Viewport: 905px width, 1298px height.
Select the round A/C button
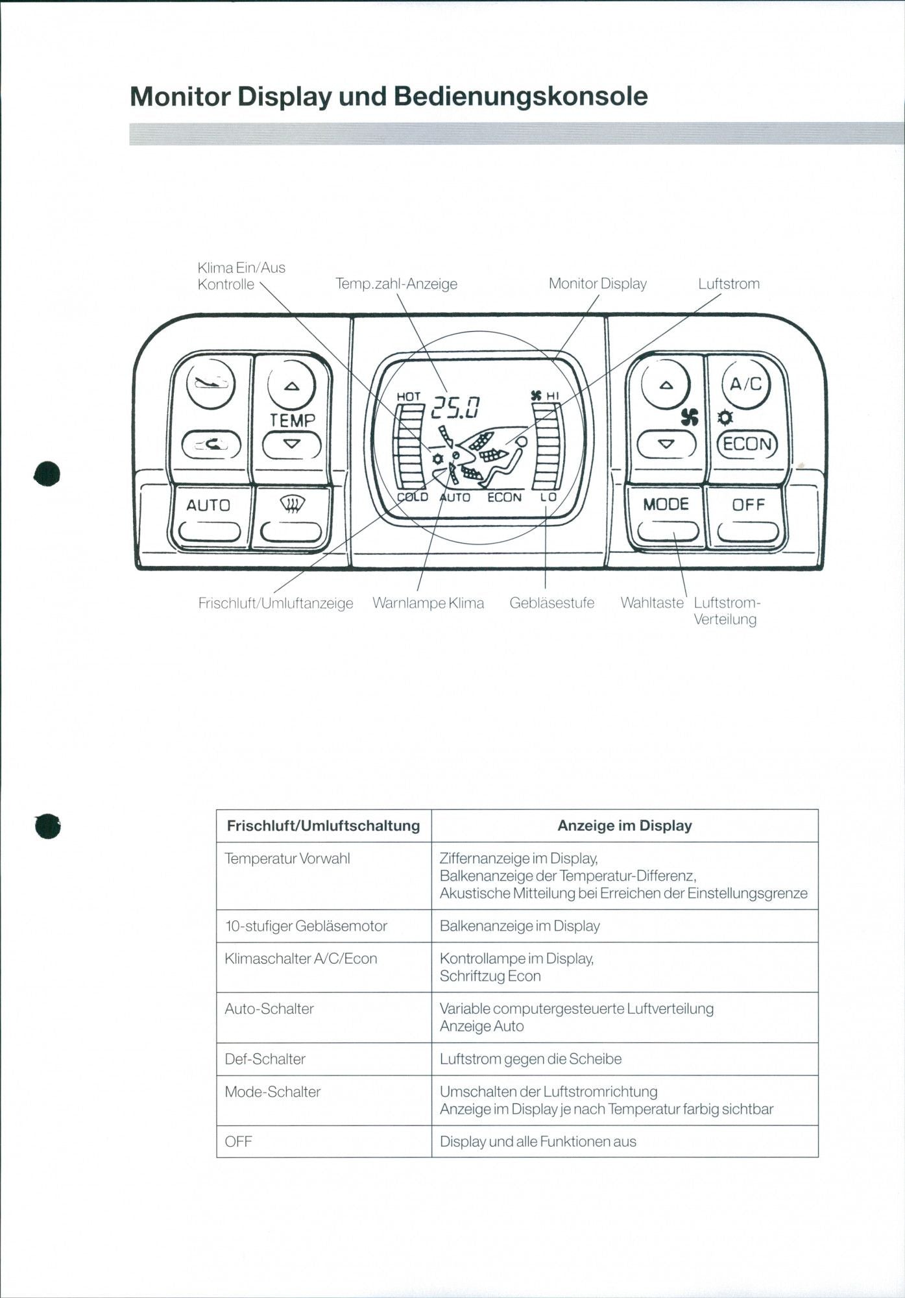[746, 384]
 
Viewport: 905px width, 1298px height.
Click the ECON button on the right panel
[747, 445]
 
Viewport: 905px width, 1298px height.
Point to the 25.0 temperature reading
[456, 408]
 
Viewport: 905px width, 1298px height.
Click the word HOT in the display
[409, 396]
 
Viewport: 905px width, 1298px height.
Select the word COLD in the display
[413, 497]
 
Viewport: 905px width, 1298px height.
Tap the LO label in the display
[548, 497]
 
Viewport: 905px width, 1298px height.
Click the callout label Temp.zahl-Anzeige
[396, 284]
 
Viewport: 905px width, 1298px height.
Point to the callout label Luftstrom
[729, 284]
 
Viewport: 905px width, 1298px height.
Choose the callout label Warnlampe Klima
[428, 603]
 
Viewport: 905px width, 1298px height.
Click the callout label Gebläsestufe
[551, 603]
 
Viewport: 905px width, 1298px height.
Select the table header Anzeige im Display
[624, 826]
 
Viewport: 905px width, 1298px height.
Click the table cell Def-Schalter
[265, 1059]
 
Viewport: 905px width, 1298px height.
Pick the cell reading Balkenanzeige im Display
[520, 925]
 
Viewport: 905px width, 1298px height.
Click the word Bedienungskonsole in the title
[521, 96]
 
